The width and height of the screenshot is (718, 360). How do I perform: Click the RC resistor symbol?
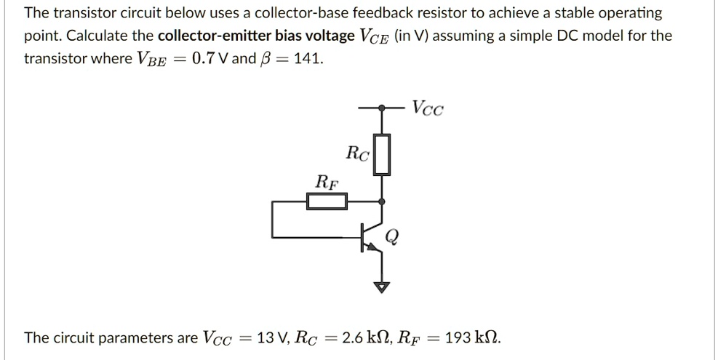pos(382,155)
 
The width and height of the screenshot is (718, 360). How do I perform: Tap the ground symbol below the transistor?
pos(382,286)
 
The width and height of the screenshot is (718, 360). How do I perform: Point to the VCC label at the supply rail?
pos(427,109)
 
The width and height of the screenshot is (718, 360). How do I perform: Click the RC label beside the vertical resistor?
pos(358,153)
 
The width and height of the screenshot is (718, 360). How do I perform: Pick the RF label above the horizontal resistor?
pos(326,181)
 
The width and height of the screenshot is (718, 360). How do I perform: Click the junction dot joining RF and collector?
pos(382,201)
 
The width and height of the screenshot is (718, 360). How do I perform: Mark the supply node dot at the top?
pos(382,108)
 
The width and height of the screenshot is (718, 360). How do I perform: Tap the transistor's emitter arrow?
pos(375,248)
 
